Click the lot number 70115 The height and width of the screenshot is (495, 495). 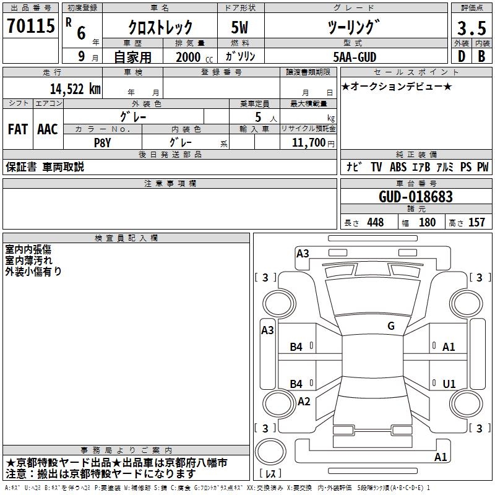30,25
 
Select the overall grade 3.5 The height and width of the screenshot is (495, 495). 471,28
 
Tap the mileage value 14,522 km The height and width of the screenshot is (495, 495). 75,88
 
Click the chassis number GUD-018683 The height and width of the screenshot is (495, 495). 416,196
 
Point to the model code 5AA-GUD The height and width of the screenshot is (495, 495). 355,57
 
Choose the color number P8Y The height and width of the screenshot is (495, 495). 102,143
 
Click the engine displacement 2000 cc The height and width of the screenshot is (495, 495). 194,57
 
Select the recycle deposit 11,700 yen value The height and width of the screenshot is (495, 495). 313,143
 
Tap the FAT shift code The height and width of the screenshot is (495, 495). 18,129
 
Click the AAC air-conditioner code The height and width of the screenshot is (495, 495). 48,129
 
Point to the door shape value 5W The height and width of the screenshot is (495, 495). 239,27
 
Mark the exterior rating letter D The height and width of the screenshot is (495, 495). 462,56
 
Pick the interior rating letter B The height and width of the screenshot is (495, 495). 481,56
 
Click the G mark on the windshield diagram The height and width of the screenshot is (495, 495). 391,326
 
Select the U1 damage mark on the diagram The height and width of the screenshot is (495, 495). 449,384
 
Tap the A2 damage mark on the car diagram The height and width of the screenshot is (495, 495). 304,401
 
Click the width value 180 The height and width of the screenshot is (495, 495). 427,222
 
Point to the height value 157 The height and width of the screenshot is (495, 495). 476,222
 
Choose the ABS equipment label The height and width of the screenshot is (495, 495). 398,167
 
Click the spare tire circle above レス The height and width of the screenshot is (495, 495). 270,452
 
